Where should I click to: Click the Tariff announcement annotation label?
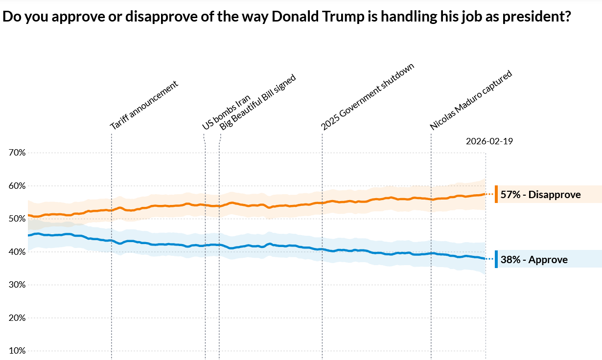click(x=143, y=105)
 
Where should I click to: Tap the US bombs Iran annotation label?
click(x=226, y=112)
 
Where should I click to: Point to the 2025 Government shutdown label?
click(x=368, y=97)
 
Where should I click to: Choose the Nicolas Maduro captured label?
click(x=471, y=100)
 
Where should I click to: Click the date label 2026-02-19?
click(x=489, y=141)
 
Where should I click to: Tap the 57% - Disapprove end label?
click(x=540, y=195)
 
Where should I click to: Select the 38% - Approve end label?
click(x=534, y=260)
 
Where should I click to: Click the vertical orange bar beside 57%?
click(x=496, y=194)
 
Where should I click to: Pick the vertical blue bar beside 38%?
click(x=496, y=259)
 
